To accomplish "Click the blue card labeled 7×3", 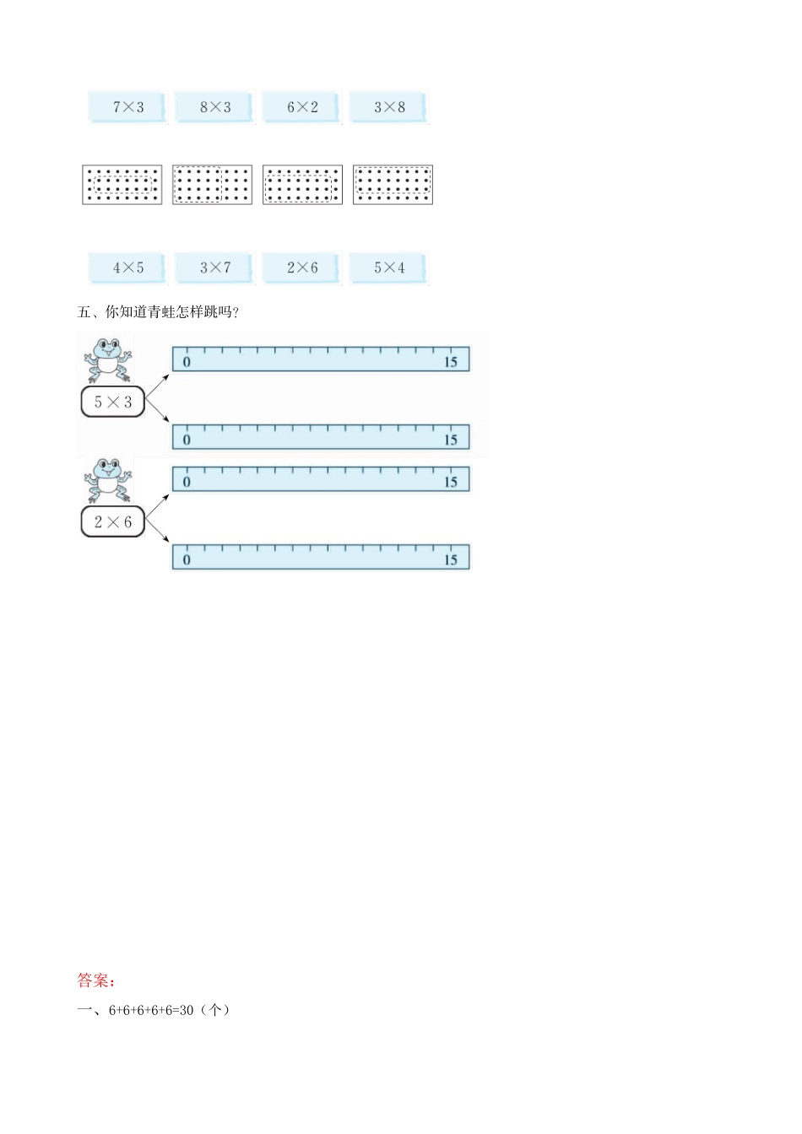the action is coord(127,107).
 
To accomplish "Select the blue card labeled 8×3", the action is coord(214,107).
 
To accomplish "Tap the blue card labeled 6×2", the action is coord(301,107).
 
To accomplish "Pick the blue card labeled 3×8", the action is coord(388,107).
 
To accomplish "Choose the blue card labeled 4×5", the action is coord(127,267).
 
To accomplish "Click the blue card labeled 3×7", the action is coord(214,267).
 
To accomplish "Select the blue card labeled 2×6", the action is coord(301,267).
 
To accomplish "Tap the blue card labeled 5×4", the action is coord(388,267).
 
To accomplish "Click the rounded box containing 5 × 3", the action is coord(112,402).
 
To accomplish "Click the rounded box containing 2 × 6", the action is coord(112,521).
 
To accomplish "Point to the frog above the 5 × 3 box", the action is coord(108,360).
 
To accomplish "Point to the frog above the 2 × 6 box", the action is coord(108,480).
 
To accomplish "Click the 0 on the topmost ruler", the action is coord(187,362).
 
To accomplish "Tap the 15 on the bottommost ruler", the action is coord(451,560).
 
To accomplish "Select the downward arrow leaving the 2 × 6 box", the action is coord(157,530).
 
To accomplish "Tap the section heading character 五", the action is coord(84,312).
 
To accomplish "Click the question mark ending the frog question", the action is coord(236,313).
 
